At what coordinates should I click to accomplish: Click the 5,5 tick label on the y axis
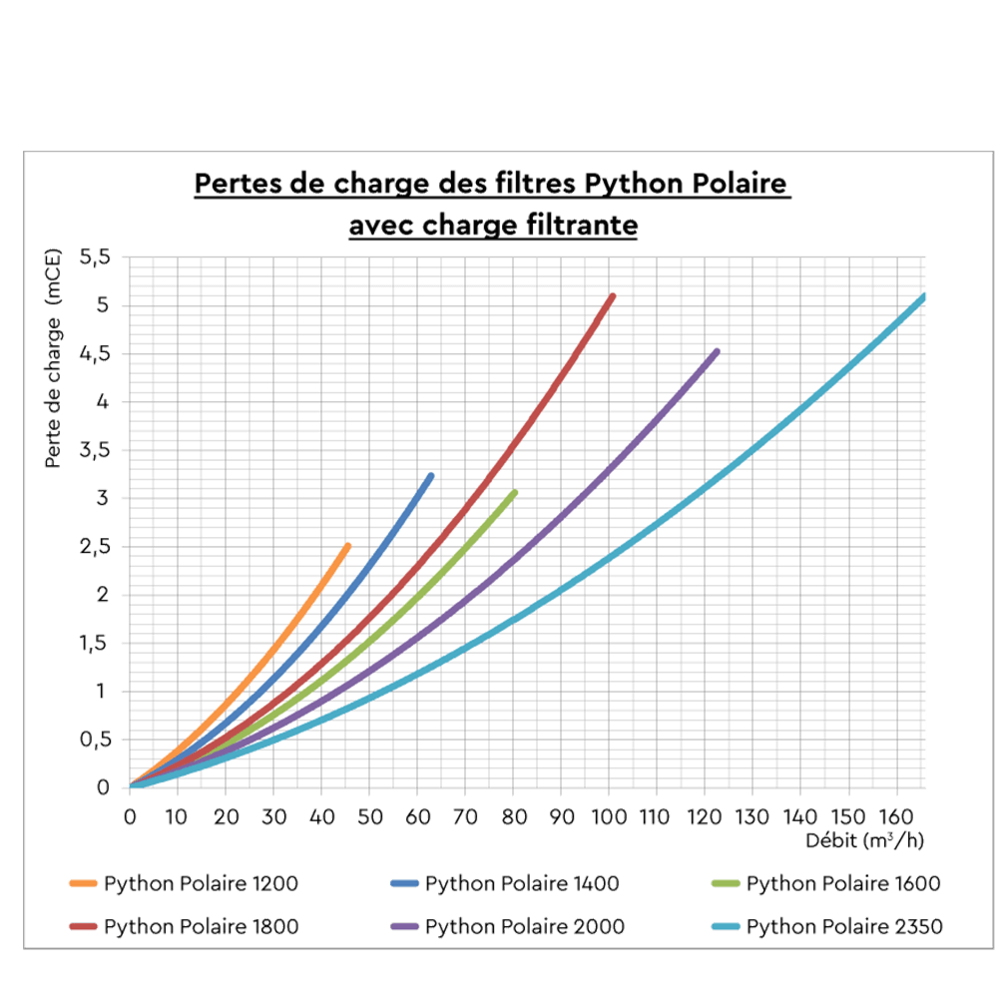pyautogui.click(x=96, y=257)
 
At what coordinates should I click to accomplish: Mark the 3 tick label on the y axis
pyautogui.click(x=103, y=499)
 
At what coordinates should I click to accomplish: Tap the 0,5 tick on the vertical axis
pyautogui.click(x=96, y=740)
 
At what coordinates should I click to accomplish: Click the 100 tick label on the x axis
pyautogui.click(x=609, y=815)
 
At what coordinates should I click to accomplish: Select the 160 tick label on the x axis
pyautogui.click(x=897, y=815)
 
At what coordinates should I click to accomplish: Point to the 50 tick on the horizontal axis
pyautogui.click(x=369, y=815)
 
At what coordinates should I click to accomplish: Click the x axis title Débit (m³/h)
pyautogui.click(x=865, y=840)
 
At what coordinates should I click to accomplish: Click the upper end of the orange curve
pyautogui.click(x=347, y=546)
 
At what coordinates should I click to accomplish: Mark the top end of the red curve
pyautogui.click(x=612, y=296)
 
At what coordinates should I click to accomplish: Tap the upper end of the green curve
pyautogui.click(x=515, y=492)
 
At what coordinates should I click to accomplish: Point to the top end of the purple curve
pyautogui.click(x=717, y=351)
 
